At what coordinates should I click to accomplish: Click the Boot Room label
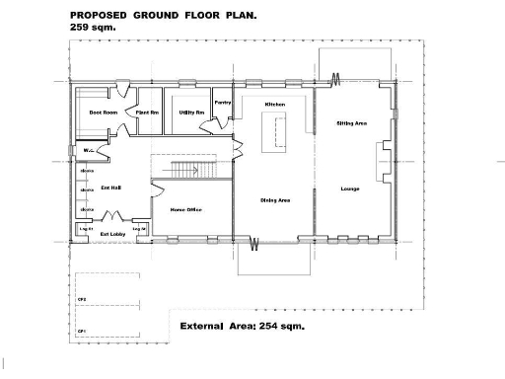click(x=104, y=114)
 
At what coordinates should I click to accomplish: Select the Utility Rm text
click(x=191, y=114)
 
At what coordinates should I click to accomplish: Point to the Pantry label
click(x=223, y=103)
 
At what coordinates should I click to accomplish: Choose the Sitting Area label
click(x=352, y=123)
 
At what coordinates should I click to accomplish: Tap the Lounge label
click(x=350, y=189)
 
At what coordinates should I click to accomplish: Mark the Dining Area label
click(x=274, y=200)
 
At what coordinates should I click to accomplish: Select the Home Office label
click(x=186, y=209)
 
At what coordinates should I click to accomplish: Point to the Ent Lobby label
click(x=111, y=234)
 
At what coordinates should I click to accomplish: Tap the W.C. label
click(x=89, y=151)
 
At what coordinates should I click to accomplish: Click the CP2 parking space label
click(x=83, y=297)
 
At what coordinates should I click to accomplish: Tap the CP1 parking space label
click(x=83, y=332)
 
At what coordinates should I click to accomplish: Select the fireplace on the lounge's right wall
click(x=382, y=158)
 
